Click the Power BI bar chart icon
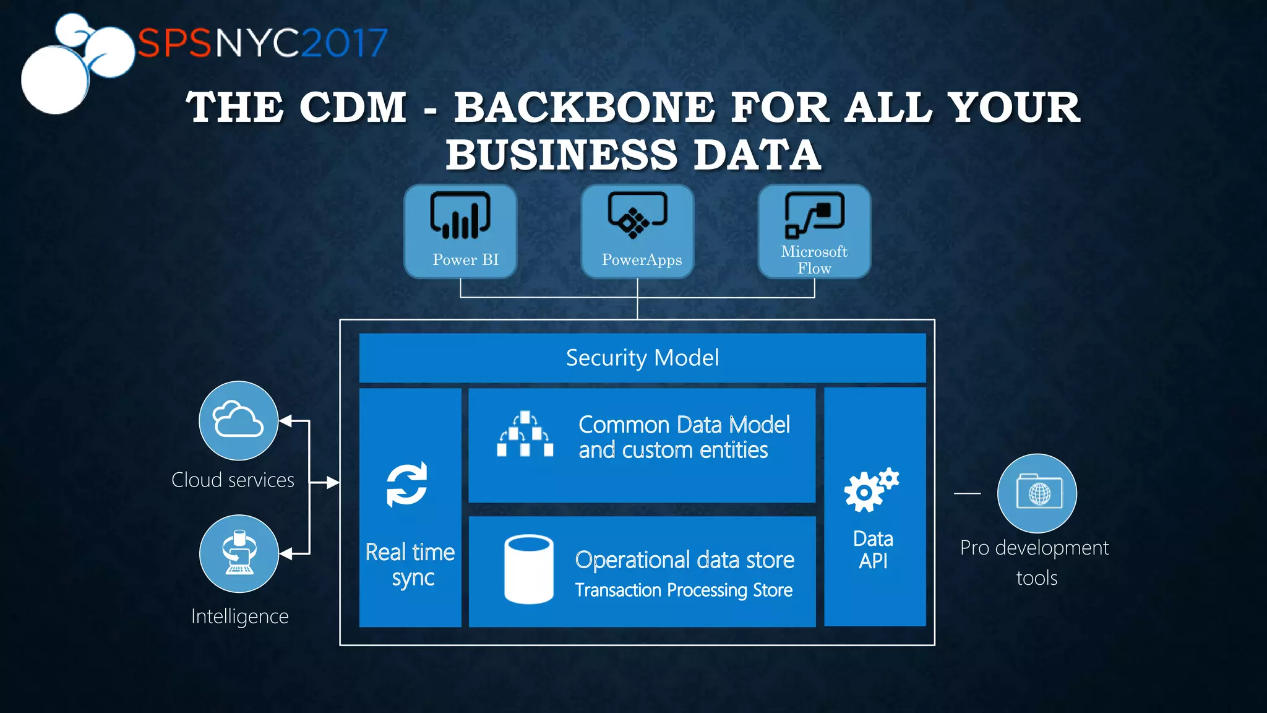coord(460,215)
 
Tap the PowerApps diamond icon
coord(637,215)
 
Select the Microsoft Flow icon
coord(814,215)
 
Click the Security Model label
coord(642,358)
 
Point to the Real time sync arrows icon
coord(407,485)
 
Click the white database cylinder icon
coord(529,569)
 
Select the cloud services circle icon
coord(238,420)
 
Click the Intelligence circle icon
coord(239,553)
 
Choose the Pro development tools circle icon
coord(1037,493)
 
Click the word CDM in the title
coord(353,108)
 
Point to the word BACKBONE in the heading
coord(585,108)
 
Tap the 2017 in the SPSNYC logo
coord(345,43)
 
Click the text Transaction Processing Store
coord(684,590)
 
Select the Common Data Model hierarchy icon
coord(525,434)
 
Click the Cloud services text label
coord(233,480)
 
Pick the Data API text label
coord(873,550)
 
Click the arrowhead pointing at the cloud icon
coord(285,421)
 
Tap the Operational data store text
coord(684,560)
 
